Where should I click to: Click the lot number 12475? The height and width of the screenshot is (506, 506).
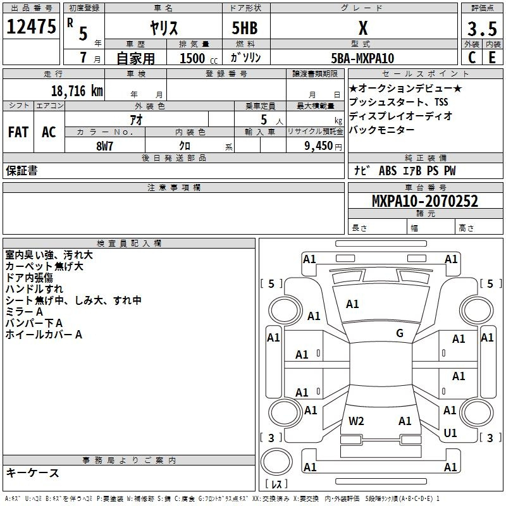pos(31,27)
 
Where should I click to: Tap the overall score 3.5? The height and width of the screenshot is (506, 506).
pos(482,28)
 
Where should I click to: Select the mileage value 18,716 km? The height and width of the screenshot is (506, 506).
pos(77,91)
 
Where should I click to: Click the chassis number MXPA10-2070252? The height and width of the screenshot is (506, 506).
pos(425,201)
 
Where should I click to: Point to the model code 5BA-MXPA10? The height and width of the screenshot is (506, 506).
pos(362,58)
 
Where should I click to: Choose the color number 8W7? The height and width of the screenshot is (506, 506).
pos(104,146)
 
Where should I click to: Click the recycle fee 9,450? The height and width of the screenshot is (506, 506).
pos(319,146)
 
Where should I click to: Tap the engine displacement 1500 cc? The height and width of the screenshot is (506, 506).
pos(199,58)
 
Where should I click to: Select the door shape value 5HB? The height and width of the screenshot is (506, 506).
pos(245,28)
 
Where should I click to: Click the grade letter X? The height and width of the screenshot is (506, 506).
pos(363,28)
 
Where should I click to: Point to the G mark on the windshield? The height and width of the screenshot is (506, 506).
pos(400,333)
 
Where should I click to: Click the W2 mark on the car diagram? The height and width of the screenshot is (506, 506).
pos(356,421)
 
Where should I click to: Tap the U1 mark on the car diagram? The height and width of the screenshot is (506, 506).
pos(450,433)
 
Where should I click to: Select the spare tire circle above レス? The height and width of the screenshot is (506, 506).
pos(276,462)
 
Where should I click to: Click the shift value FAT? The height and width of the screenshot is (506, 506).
pos(18,132)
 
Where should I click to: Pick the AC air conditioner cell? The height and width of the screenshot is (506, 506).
pos(49,132)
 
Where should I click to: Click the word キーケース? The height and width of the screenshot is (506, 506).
pos(32,472)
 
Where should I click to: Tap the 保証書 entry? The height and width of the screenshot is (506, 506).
pos(22,171)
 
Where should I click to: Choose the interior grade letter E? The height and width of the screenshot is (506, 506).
pos(492,58)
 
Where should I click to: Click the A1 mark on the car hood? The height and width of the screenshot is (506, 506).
pos(352,304)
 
